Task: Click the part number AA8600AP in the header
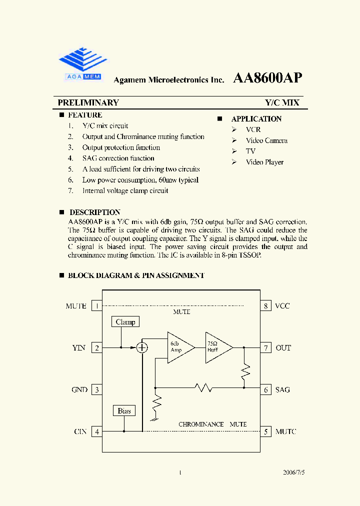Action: point(267,78)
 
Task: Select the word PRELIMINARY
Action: point(88,102)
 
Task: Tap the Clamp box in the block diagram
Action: point(125,322)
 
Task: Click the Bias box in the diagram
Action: point(124,411)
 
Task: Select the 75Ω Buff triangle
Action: point(217,347)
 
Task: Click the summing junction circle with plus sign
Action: point(142,347)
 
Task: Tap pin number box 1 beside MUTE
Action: point(97,306)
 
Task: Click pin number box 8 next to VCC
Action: point(265,306)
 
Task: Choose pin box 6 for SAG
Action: point(265,389)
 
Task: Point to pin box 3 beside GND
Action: point(97,389)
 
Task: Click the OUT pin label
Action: point(283,348)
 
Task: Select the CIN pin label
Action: point(80,431)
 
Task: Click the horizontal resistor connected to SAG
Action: point(203,387)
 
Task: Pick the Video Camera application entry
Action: point(266,140)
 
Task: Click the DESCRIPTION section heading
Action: point(94,212)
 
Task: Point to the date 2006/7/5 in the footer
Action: point(293,472)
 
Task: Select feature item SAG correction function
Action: point(118,158)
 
